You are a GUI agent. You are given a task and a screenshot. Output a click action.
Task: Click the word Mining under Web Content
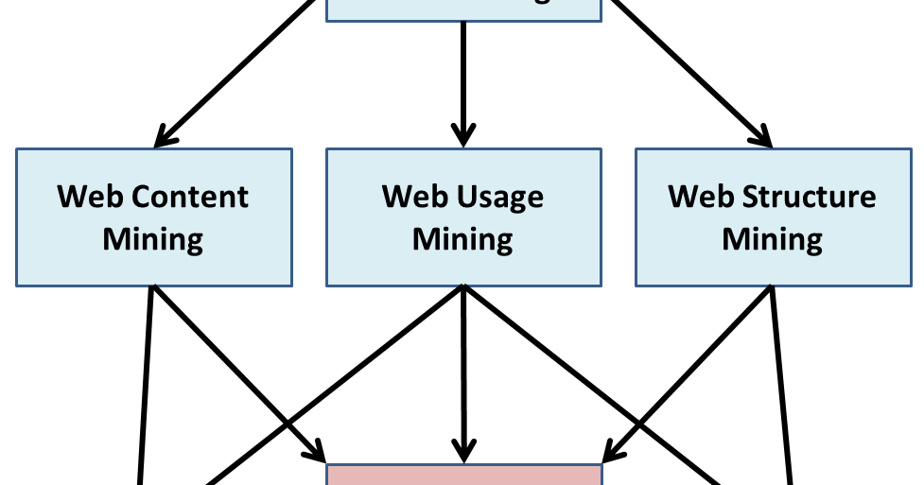coord(153,238)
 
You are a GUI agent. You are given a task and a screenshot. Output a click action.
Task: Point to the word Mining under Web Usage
coord(462,238)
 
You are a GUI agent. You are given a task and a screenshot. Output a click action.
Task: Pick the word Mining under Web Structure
coord(772,238)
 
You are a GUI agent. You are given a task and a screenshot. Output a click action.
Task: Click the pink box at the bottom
coord(463,475)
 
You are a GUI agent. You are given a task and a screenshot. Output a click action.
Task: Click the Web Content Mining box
coord(153,217)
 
